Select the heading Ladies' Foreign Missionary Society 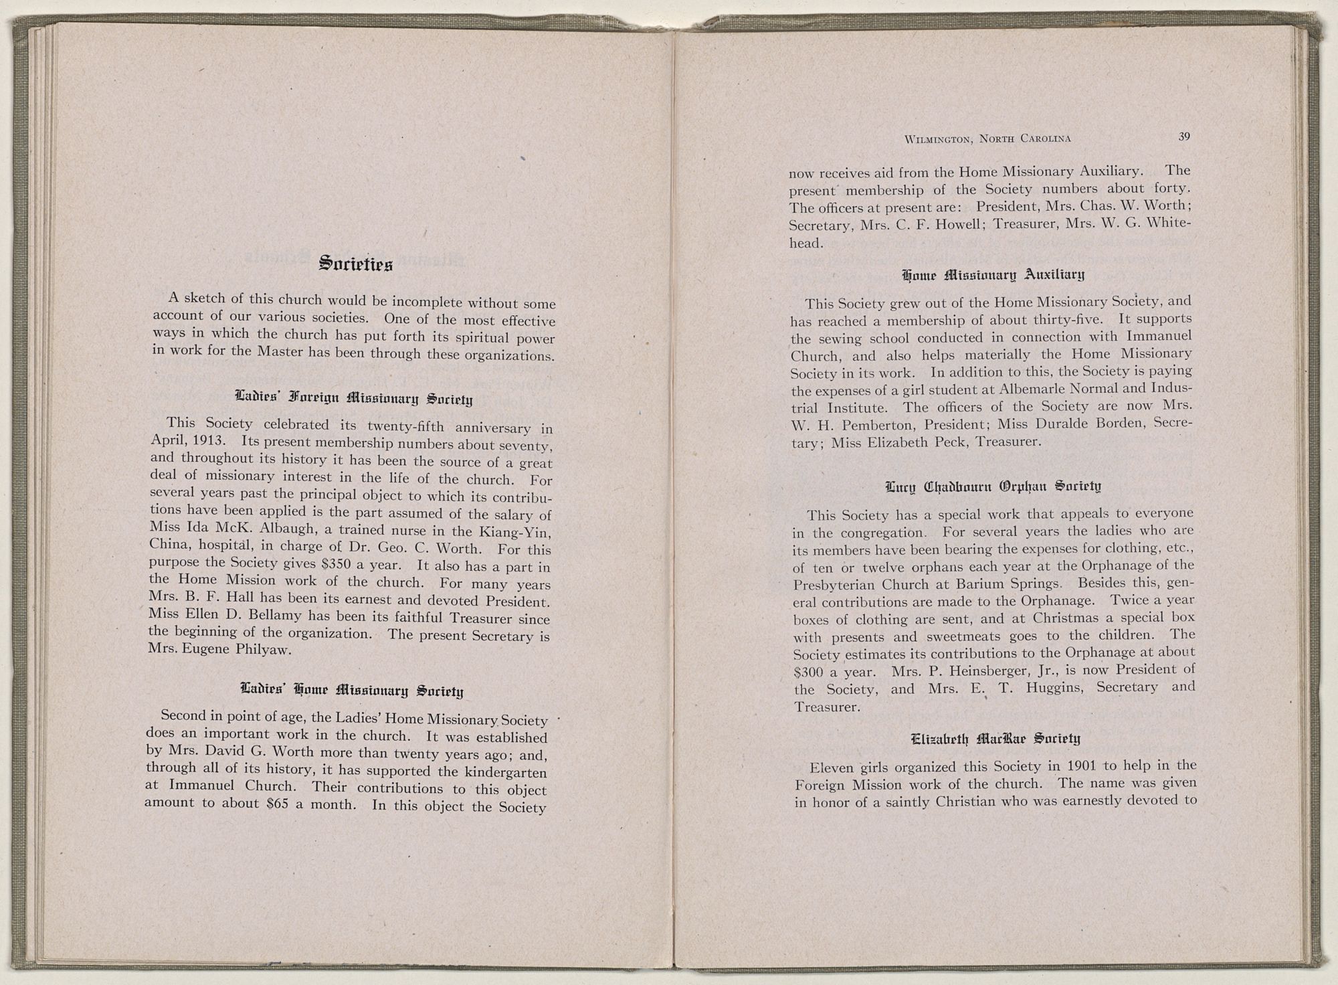(x=355, y=401)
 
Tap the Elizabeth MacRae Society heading (x=995, y=739)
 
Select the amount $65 (x=278, y=804)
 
